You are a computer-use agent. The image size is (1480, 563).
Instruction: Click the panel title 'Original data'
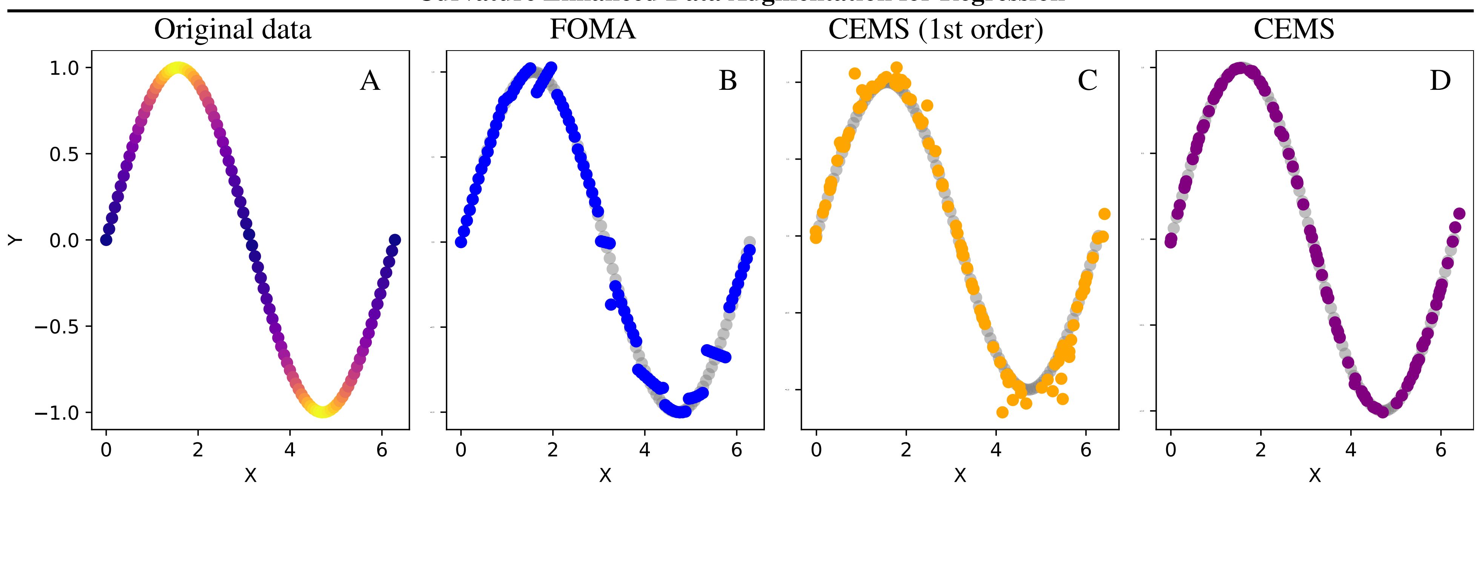[x=233, y=29]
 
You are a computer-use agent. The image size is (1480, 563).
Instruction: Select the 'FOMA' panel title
[x=593, y=29]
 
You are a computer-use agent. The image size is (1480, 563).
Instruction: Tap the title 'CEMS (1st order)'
[x=935, y=29]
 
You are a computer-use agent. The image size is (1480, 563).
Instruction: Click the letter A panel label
[x=370, y=80]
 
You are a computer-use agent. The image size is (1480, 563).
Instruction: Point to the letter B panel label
[x=727, y=80]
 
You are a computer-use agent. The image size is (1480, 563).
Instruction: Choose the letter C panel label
[x=1087, y=80]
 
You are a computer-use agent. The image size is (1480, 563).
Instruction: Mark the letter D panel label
[x=1440, y=80]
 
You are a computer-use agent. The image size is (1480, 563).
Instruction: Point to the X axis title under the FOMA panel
[x=605, y=475]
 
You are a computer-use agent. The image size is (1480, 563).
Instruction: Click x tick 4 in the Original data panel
[x=290, y=450]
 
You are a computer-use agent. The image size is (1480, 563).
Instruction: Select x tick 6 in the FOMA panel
[x=737, y=450]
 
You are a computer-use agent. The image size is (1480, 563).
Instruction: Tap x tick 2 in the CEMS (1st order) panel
[x=906, y=450]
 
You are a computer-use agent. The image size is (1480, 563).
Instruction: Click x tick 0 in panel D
[x=1170, y=450]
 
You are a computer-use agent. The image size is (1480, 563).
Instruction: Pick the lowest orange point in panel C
[x=1002, y=412]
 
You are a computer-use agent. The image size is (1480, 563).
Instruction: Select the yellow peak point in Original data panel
[x=178, y=68]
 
